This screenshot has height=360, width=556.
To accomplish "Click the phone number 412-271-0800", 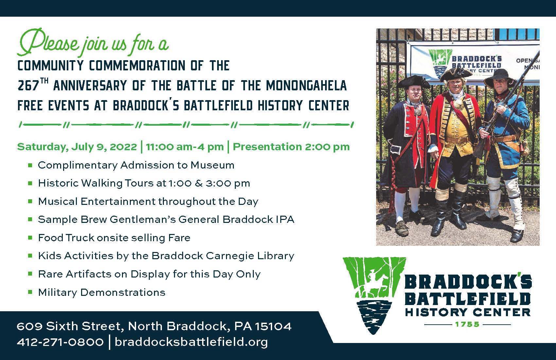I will pos(60,342).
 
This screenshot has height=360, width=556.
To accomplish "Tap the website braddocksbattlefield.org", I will pos(191,342).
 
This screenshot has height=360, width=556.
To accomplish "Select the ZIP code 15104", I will pos(273,326).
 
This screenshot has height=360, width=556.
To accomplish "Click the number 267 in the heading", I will pos(28,86).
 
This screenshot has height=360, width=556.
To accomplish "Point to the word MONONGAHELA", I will pos(306,86).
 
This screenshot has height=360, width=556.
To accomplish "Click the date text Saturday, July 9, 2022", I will pos(77,147).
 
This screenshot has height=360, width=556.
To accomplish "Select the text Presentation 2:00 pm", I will pos(291,147).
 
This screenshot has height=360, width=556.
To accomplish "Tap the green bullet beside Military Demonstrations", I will pos(30,292).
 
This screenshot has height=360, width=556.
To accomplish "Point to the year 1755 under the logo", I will pos(467,324).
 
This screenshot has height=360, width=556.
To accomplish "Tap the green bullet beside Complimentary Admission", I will pos(30,165).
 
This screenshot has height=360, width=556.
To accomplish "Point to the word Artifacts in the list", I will pos(88,274).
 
